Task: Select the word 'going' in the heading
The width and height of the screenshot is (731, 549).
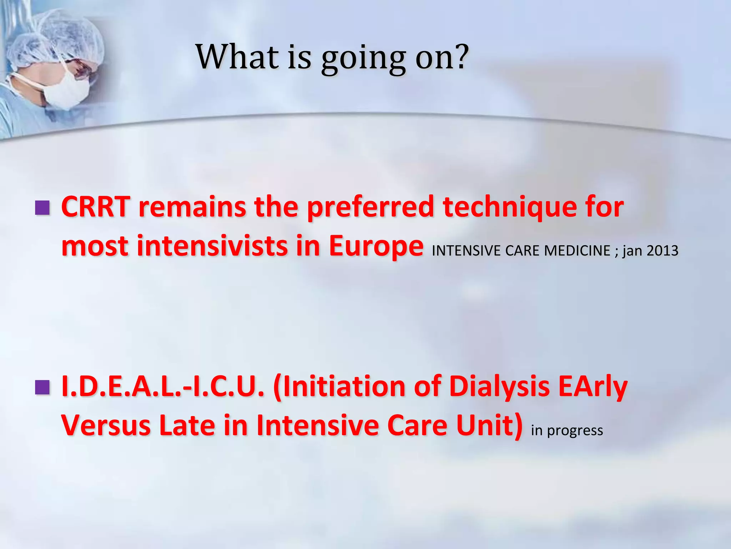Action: tap(363, 59)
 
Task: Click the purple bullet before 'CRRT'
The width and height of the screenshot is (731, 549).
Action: tap(43, 208)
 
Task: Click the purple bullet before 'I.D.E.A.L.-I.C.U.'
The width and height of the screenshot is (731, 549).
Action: tap(43, 387)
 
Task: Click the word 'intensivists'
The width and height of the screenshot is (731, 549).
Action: tap(212, 247)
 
